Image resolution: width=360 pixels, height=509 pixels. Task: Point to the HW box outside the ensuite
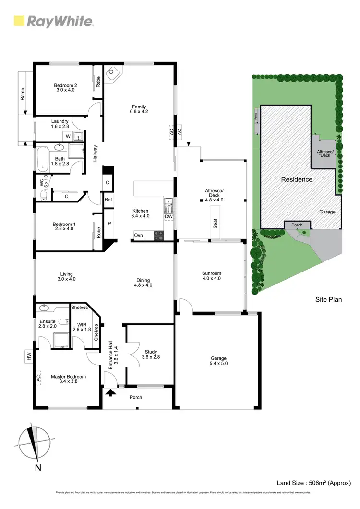tap(29, 356)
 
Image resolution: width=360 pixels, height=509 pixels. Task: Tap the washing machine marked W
tap(68, 136)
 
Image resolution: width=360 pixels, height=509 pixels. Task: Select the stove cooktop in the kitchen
tap(158, 235)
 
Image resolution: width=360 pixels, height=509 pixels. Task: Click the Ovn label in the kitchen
tap(139, 235)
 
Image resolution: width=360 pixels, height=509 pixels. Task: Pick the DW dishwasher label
tap(168, 217)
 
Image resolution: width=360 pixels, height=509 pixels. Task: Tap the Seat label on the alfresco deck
tap(216, 223)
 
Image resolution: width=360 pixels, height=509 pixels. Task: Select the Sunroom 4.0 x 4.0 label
tap(211, 275)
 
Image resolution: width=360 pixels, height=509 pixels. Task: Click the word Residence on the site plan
tap(296, 179)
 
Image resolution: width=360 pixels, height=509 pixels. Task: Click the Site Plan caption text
tap(328, 300)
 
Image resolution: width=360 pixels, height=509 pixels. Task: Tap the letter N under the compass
tap(36, 467)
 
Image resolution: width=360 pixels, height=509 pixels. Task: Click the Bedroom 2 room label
tap(66, 87)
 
